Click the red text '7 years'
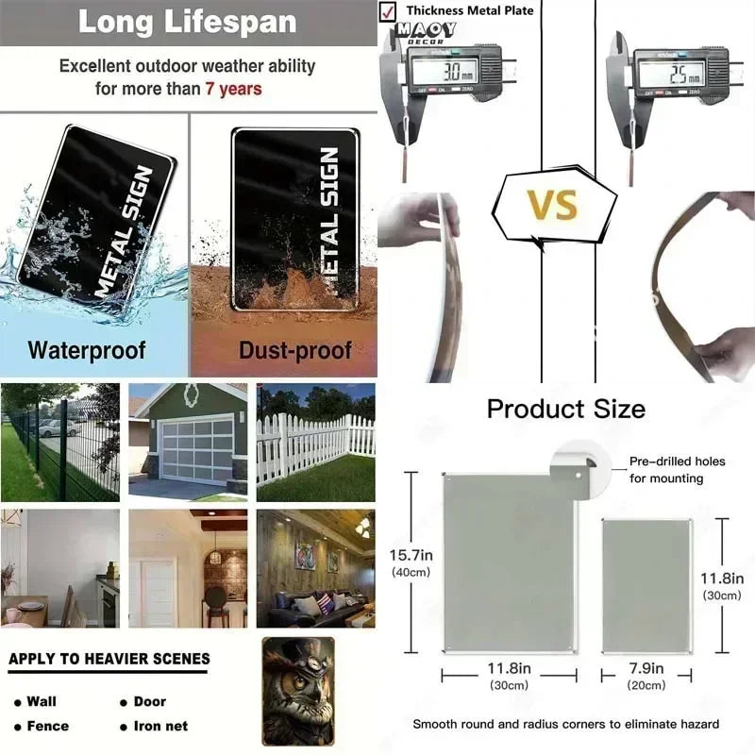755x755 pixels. [233, 90]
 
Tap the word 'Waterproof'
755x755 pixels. [87, 351]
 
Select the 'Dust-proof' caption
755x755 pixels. [294, 351]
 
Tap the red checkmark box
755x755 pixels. [387, 11]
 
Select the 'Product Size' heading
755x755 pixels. [566, 410]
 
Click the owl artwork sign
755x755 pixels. [297, 691]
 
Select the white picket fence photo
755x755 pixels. [315, 442]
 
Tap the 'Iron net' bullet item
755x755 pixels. [159, 726]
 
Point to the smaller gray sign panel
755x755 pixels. [647, 584]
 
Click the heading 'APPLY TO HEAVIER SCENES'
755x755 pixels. [109, 659]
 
